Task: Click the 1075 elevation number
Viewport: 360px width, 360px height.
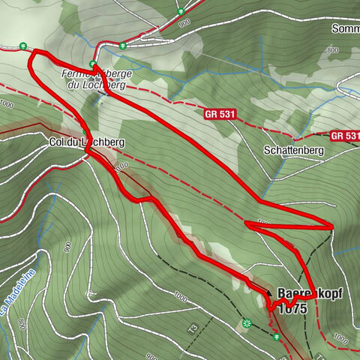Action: click(292, 307)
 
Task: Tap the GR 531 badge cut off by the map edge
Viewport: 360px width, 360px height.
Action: click(346, 136)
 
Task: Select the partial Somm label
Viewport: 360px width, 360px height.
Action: click(345, 28)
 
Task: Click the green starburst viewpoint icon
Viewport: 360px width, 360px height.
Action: click(246, 323)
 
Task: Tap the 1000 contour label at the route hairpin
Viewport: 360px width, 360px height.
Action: click(262, 223)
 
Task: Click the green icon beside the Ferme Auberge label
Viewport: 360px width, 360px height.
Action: click(92, 64)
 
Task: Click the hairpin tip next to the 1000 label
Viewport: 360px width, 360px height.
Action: click(246, 223)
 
